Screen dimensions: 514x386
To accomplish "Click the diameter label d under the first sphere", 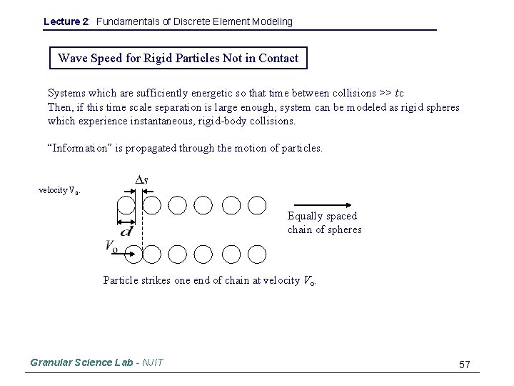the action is (126, 231).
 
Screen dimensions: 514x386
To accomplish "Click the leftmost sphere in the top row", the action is (126, 206).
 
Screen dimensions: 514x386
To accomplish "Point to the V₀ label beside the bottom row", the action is (111, 247).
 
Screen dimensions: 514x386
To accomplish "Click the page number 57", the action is (465, 365).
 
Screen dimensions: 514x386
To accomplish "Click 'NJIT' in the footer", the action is (152, 362).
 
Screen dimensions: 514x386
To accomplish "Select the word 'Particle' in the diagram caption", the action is (122, 280).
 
